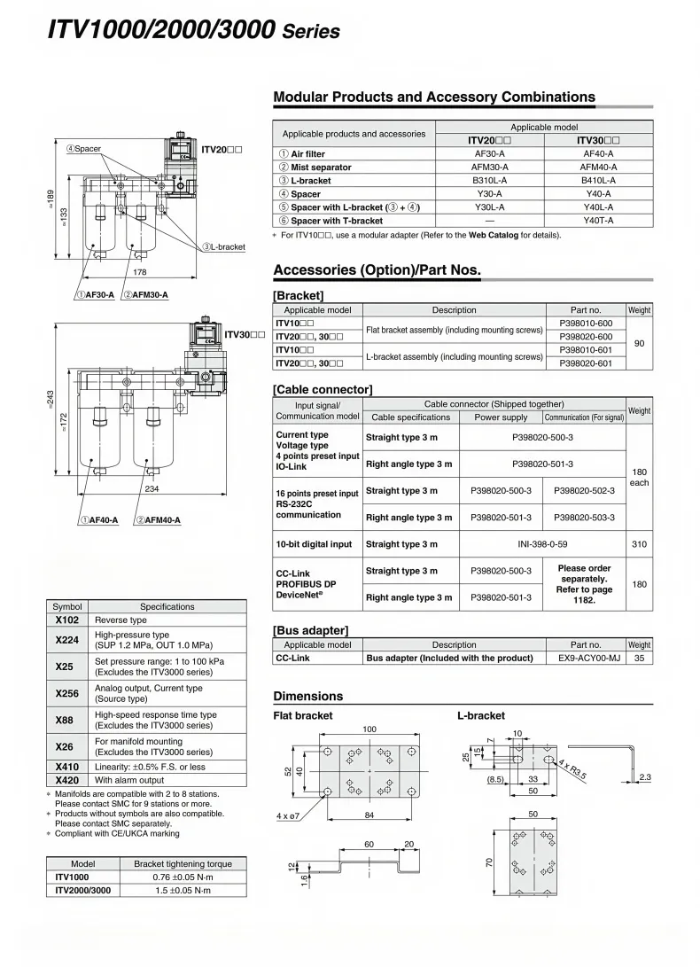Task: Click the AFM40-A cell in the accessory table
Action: pyautogui.click(x=598, y=167)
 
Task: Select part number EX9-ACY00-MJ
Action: pyautogui.click(x=586, y=659)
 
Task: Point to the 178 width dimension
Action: pyautogui.click(x=140, y=273)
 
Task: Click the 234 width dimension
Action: pyautogui.click(x=152, y=488)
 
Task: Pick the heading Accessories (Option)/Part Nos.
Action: pyautogui.click(x=377, y=269)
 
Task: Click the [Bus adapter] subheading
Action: pyautogui.click(x=311, y=630)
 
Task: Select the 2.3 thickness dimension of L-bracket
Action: pyautogui.click(x=644, y=777)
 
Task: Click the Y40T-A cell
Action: pyautogui.click(x=598, y=221)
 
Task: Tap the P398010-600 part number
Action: pyautogui.click(x=586, y=324)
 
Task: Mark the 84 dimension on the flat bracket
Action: pyautogui.click(x=370, y=814)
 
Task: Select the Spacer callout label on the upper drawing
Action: pyautogui.click(x=84, y=148)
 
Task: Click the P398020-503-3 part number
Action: pyautogui.click(x=584, y=518)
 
